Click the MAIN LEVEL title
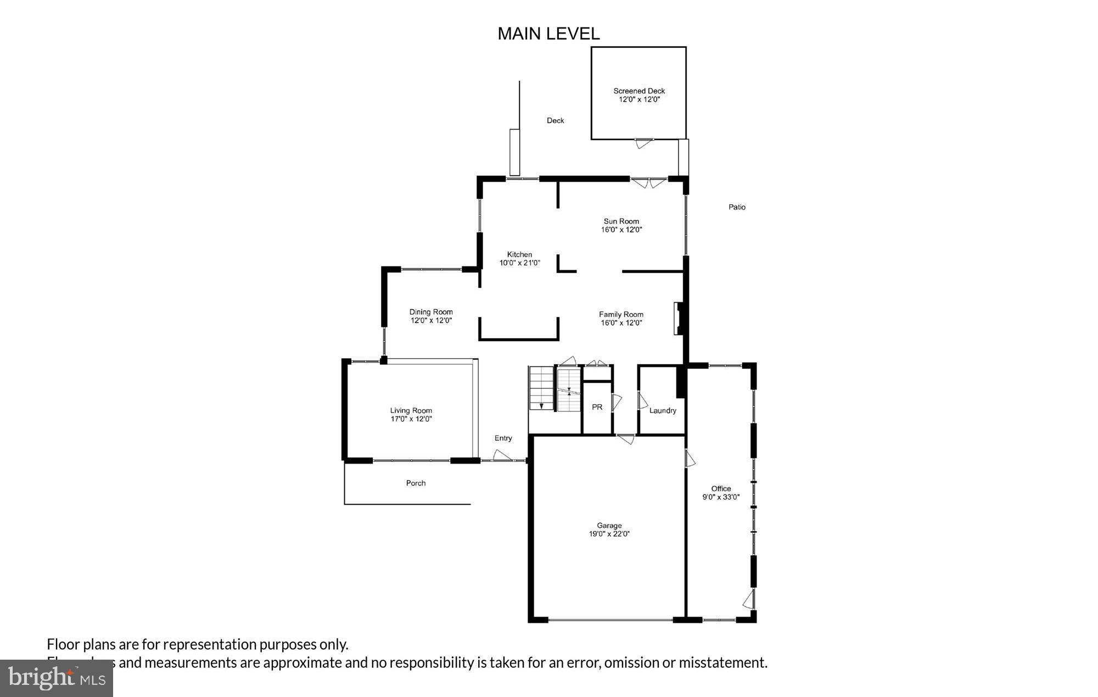coord(548,34)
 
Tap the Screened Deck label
coord(639,91)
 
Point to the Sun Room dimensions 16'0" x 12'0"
coord(621,230)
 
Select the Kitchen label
coord(519,254)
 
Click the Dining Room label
coord(431,312)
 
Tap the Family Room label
coord(621,315)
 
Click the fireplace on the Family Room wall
coord(679,319)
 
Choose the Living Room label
coord(411,410)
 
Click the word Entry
coord(503,438)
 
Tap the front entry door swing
coord(502,455)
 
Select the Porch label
coord(416,483)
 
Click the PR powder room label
coord(597,407)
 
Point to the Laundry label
coord(663,410)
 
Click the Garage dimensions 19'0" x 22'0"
coord(609,534)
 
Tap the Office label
coord(721,488)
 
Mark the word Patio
coord(737,207)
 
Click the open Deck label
coord(555,120)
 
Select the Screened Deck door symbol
coord(644,143)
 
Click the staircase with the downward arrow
coord(541,388)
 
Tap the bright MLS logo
coord(57,678)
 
